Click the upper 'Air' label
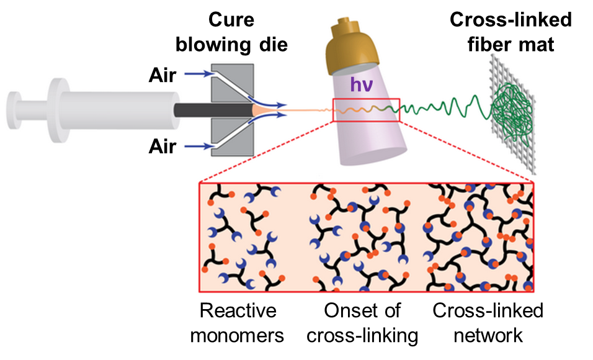point(163,75)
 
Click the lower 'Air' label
point(163,146)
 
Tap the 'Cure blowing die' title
point(231,32)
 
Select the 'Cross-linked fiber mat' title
point(511,32)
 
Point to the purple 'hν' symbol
point(361,84)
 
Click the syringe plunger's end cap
point(14,110)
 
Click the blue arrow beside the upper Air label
point(199,73)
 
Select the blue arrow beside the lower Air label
point(199,146)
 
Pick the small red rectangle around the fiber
point(366,99)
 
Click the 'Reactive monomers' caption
point(237,323)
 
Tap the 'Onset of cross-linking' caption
point(362,323)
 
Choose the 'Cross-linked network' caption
point(488,323)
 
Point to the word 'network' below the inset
point(488,335)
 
